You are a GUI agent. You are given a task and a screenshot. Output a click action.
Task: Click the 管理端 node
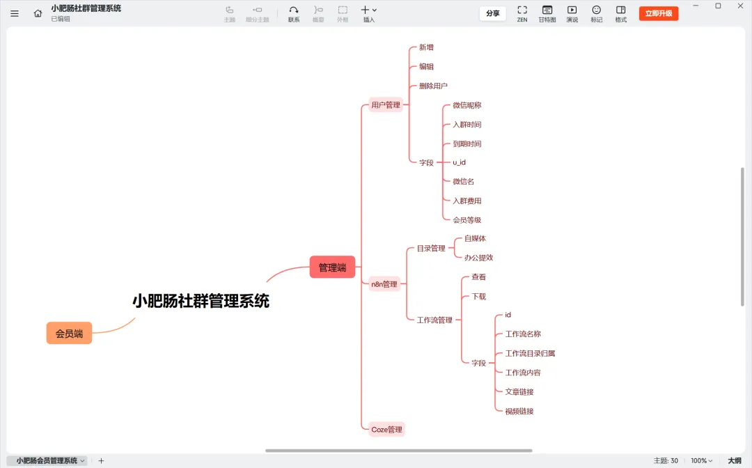pyautogui.click(x=332, y=267)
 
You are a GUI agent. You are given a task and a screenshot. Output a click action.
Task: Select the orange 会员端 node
pyautogui.click(x=69, y=334)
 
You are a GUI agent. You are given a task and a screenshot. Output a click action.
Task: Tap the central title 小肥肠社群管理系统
pyautogui.click(x=201, y=301)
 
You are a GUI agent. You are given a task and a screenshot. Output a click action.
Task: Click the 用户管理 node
pyautogui.click(x=386, y=105)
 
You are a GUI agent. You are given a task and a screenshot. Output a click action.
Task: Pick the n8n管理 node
pyautogui.click(x=384, y=284)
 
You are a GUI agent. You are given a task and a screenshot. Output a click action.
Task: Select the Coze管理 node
pyautogui.click(x=386, y=430)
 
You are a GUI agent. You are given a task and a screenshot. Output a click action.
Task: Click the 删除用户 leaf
pyautogui.click(x=433, y=86)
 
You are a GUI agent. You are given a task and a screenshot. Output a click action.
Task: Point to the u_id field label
pyautogui.click(x=459, y=162)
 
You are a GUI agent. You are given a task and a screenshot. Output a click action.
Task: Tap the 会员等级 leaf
pyautogui.click(x=467, y=220)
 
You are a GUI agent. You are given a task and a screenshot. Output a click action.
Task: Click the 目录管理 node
pyautogui.click(x=431, y=249)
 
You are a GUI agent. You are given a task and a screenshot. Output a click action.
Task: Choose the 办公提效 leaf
pyautogui.click(x=478, y=258)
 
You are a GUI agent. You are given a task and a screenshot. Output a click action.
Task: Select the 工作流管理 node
pyautogui.click(x=434, y=320)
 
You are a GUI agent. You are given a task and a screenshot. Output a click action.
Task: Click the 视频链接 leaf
pyautogui.click(x=519, y=412)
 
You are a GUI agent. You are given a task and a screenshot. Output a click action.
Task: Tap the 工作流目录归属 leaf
pyautogui.click(x=530, y=354)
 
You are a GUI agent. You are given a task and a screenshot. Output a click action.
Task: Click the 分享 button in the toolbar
pyautogui.click(x=492, y=13)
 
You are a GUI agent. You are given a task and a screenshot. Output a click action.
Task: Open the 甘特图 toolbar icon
pyautogui.click(x=547, y=13)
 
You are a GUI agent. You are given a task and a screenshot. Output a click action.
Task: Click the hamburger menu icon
pyautogui.click(x=15, y=13)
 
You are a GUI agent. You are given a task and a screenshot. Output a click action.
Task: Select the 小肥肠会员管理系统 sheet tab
pyautogui.click(x=47, y=461)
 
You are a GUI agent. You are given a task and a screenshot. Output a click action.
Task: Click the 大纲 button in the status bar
pyautogui.click(x=735, y=461)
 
